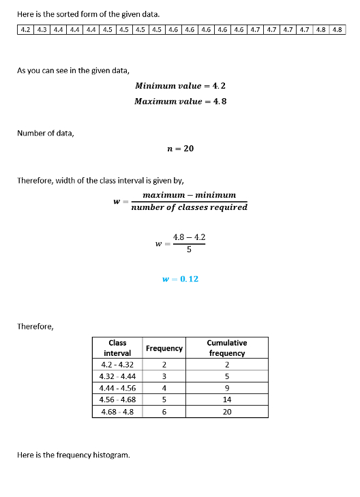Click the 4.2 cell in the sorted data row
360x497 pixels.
(26, 30)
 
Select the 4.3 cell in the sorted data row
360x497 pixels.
(42, 30)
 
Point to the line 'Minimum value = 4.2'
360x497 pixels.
(181, 86)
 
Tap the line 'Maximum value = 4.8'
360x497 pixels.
(181, 101)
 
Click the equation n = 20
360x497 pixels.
(181, 148)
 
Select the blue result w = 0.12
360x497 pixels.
(181, 279)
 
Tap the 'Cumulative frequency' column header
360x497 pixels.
(227, 348)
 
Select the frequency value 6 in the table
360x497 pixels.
(164, 412)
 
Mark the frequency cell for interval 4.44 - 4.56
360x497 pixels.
(164, 388)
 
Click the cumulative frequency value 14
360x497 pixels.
(227, 400)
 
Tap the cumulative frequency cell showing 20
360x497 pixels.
(227, 412)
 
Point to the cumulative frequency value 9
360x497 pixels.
(227, 388)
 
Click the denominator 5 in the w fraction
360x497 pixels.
(189, 250)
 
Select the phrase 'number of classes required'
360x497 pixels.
(189, 207)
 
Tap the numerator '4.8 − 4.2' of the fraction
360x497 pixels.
(189, 237)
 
